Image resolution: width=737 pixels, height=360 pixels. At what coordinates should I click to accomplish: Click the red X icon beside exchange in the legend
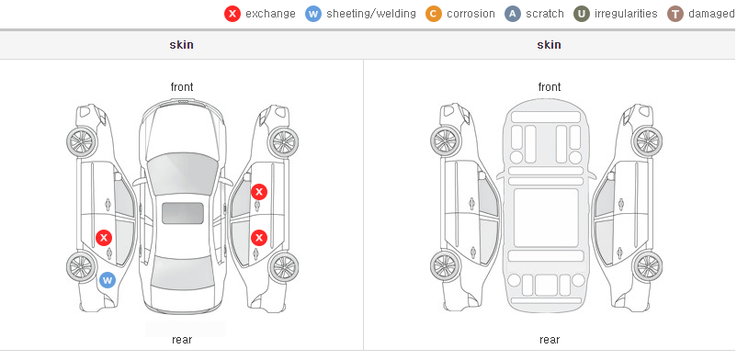[x=232, y=14]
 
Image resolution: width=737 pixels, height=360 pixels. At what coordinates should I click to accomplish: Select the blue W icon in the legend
[x=313, y=14]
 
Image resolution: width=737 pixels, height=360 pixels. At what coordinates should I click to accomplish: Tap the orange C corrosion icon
[x=434, y=14]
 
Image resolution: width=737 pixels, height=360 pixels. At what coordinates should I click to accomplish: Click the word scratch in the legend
[x=545, y=14]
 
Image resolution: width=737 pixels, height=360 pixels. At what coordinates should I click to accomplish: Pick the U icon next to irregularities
[x=582, y=14]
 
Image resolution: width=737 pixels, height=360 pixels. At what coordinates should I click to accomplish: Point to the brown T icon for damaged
[x=675, y=14]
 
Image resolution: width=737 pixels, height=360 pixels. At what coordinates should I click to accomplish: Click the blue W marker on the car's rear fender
[x=108, y=281]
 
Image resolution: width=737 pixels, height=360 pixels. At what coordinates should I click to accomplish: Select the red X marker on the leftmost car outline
[x=104, y=238]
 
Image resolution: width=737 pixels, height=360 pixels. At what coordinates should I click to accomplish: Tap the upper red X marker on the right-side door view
[x=259, y=192]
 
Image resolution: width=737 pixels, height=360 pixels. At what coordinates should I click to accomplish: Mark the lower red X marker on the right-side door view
[x=259, y=238]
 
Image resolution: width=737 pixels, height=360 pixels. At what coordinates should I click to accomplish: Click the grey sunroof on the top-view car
[x=183, y=213]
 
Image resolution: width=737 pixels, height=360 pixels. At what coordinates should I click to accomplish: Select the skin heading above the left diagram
[x=181, y=45]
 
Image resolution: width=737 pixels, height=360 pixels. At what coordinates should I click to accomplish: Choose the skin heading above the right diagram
[x=549, y=45]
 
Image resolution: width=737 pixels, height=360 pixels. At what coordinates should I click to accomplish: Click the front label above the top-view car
[x=182, y=87]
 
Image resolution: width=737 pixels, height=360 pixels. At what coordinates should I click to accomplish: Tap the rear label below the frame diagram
[x=550, y=340]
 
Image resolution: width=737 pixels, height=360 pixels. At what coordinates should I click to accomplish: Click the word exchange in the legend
[x=270, y=14]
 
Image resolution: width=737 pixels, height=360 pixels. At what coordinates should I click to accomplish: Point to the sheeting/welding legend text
[x=371, y=14]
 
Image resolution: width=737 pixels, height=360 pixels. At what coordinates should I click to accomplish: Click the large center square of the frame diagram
[x=546, y=218]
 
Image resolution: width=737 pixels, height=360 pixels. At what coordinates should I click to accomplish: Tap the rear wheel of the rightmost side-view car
[x=647, y=266]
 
